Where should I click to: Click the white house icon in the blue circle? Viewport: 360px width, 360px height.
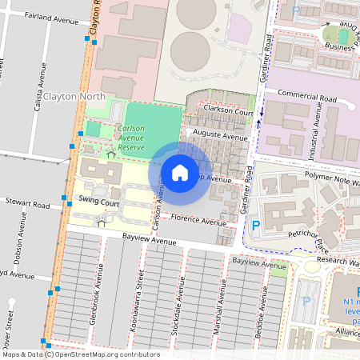pyautogui.click(x=180, y=172)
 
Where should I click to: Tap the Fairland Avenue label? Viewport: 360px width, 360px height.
pyautogui.click(x=49, y=16)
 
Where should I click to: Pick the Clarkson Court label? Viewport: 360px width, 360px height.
pyautogui.click(x=228, y=112)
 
